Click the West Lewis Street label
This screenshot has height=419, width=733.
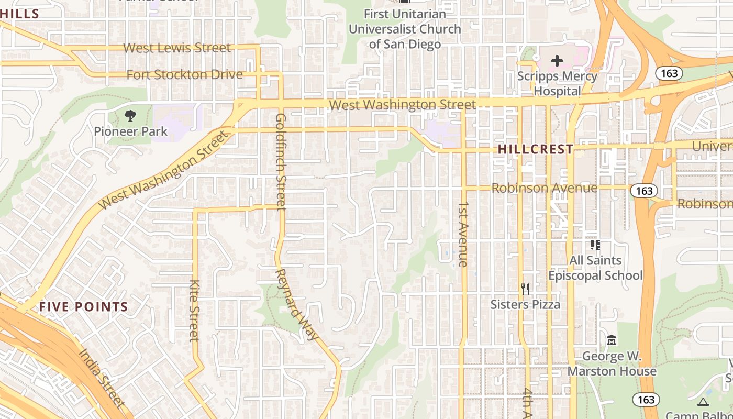(x=176, y=48)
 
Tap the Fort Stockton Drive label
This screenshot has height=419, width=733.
(x=184, y=74)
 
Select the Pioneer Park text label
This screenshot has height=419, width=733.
(x=130, y=131)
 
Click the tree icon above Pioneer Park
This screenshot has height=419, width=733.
(x=130, y=115)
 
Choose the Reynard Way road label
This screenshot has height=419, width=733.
(x=296, y=304)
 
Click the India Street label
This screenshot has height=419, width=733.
(x=102, y=377)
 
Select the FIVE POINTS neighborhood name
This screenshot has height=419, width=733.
(x=83, y=307)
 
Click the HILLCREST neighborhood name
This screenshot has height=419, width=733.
(x=535, y=149)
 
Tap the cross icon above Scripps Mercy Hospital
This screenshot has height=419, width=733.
(x=557, y=61)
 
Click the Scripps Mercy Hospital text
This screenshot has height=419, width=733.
(x=557, y=83)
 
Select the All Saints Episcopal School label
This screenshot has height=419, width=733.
(x=595, y=268)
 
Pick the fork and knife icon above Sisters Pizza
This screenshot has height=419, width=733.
(x=525, y=289)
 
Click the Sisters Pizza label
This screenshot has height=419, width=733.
(x=525, y=304)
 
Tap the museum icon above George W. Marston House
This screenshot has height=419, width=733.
(x=611, y=340)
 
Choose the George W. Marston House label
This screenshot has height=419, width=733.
(x=612, y=363)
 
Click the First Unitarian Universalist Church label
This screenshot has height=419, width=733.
(x=405, y=29)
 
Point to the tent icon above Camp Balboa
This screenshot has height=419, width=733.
(x=703, y=402)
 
